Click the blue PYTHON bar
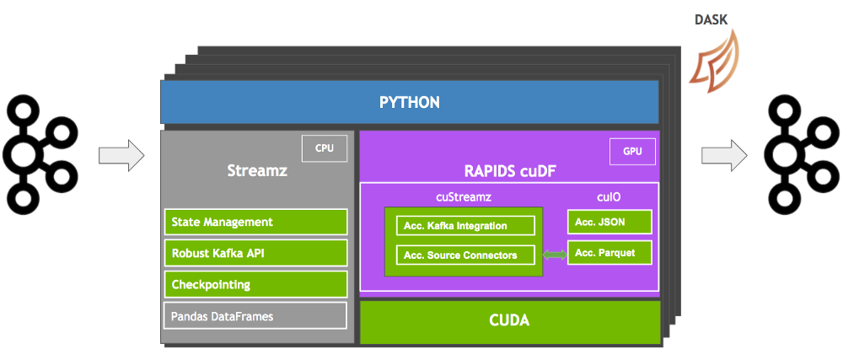click(x=410, y=102)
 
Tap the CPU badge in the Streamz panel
click(x=324, y=148)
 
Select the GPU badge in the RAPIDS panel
click(x=632, y=153)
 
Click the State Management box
click(x=255, y=222)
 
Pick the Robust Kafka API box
click(x=255, y=253)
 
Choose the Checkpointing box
click(x=255, y=284)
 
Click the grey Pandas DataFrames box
click(x=255, y=316)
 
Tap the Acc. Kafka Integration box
click(x=465, y=226)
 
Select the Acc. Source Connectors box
click(x=465, y=255)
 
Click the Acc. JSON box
click(x=609, y=222)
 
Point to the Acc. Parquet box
click(x=609, y=252)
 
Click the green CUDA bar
click(x=509, y=322)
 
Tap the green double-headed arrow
click(x=555, y=255)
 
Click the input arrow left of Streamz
click(x=121, y=156)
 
